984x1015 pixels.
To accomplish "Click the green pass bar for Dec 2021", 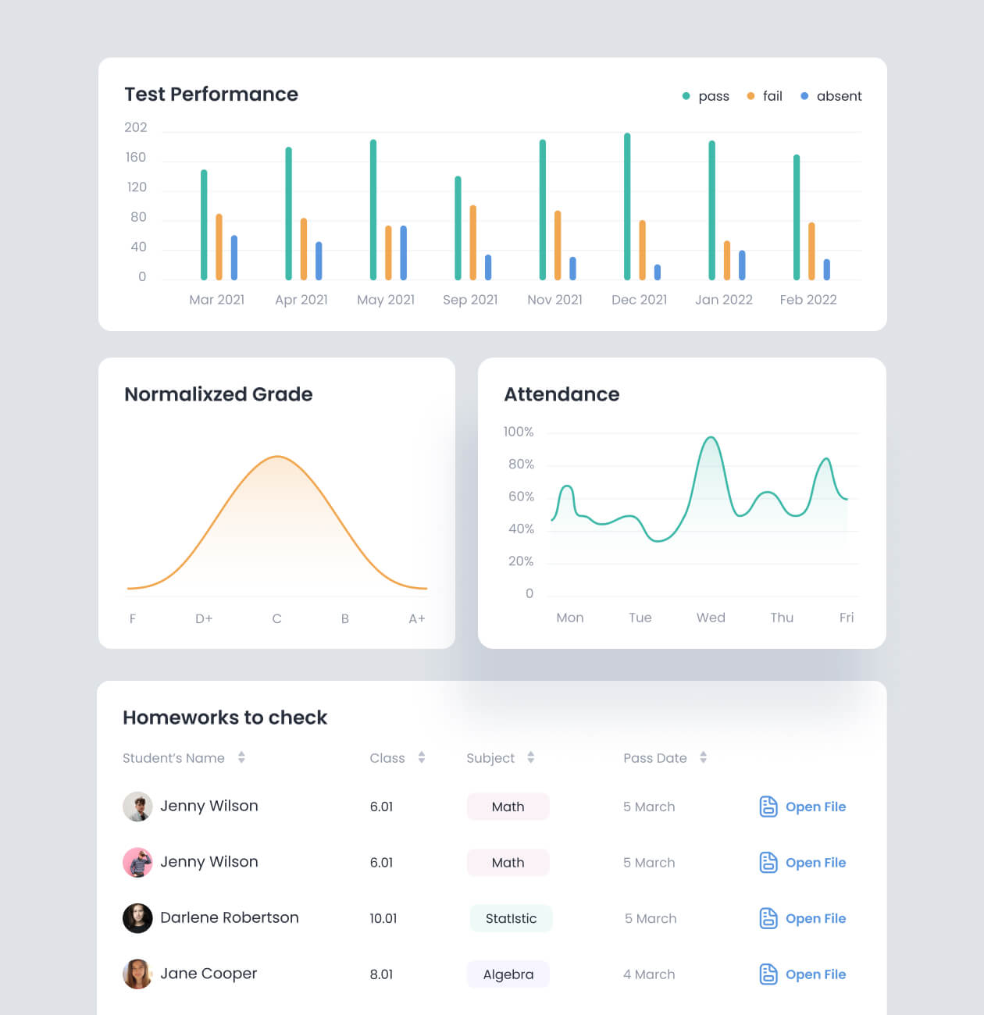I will pos(627,207).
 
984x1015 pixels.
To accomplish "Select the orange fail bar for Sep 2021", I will pos(473,243).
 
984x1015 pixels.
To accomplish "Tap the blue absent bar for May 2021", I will pos(404,253).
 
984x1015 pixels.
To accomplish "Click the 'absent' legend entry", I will pos(832,96).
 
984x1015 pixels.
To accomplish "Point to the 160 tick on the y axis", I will pos(136,158).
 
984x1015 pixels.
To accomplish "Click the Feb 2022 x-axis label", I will pos(808,300).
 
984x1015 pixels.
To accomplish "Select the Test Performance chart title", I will pos(212,94).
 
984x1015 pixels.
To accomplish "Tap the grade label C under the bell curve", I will pos(276,618).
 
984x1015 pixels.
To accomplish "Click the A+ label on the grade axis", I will pos(417,618).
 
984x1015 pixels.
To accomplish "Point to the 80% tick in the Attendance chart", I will pos(521,465).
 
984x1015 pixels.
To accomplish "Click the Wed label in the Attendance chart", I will pos(711,618).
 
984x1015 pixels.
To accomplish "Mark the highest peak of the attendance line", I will pos(711,438).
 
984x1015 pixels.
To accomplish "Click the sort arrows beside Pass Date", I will pos(704,757).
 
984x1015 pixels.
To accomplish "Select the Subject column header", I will pos(490,758).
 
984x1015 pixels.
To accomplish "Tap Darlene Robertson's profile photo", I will pos(137,918).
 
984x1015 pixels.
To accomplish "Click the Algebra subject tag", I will pos(508,974).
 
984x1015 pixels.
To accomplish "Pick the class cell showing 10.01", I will pos(383,919).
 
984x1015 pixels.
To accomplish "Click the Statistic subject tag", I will pos(511,919).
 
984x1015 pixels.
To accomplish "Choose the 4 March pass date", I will pos(649,974).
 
